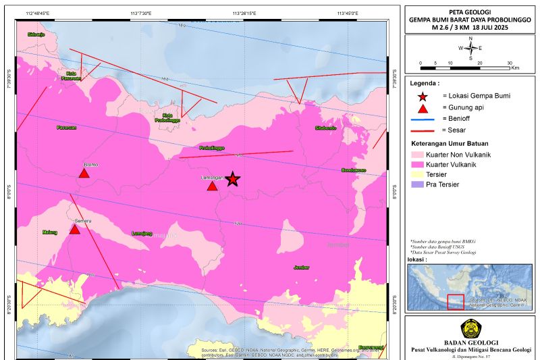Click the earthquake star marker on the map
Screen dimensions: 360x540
click(232, 179)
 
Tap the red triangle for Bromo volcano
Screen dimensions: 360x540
click(84, 174)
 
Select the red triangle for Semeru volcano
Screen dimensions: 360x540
click(75, 230)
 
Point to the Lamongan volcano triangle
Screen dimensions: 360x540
click(212, 186)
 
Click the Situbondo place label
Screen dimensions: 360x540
click(326, 128)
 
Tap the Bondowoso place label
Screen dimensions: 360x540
click(352, 170)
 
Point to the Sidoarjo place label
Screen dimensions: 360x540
click(36, 34)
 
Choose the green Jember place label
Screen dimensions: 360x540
click(301, 267)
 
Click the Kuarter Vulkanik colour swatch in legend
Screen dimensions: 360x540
click(416, 164)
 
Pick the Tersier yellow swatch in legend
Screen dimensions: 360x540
click(416, 174)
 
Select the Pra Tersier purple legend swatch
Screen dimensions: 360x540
click(416, 184)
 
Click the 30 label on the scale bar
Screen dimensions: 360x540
click(509, 63)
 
